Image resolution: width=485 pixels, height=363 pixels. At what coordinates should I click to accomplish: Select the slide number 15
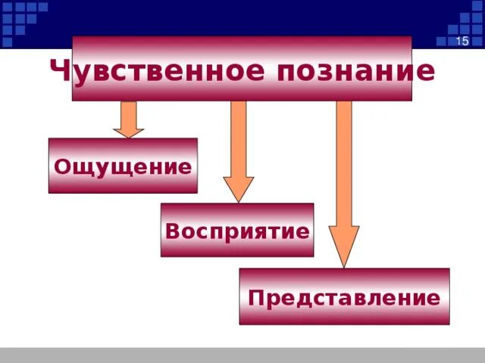(x=462, y=41)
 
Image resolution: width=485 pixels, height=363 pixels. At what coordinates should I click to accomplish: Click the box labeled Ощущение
(x=123, y=166)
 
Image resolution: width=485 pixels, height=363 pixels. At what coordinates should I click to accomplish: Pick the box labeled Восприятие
(x=236, y=230)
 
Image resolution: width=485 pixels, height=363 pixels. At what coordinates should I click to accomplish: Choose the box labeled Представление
(x=344, y=296)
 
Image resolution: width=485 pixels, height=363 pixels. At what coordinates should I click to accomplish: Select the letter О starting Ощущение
(x=62, y=166)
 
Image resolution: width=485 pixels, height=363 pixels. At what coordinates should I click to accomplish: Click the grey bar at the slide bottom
(x=242, y=355)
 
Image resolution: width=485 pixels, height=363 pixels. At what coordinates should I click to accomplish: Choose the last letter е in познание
(x=427, y=73)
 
